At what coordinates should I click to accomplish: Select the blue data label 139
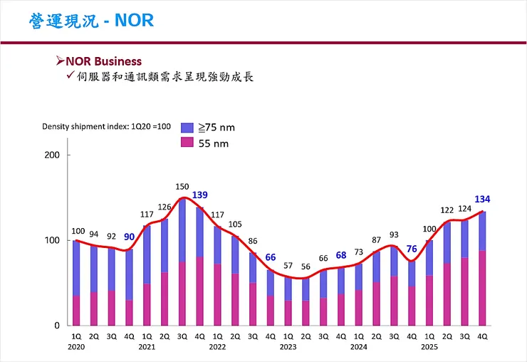pyautogui.click(x=200, y=195)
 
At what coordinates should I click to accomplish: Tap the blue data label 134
pyautogui.click(x=482, y=199)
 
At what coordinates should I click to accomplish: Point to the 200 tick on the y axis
pyautogui.click(x=53, y=155)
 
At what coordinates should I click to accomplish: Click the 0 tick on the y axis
pyautogui.click(x=57, y=326)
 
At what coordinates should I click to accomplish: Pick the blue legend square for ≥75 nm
pyautogui.click(x=187, y=128)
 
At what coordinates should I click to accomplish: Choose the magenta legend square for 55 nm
pyautogui.click(x=187, y=143)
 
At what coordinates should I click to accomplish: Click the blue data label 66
pyautogui.click(x=271, y=258)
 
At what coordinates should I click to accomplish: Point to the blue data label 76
pyautogui.click(x=412, y=249)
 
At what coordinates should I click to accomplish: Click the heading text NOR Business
pyautogui.click(x=104, y=61)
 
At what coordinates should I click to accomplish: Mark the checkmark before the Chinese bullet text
pyautogui.click(x=71, y=76)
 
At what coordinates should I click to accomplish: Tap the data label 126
pyautogui.click(x=165, y=207)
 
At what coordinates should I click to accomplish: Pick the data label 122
pyautogui.click(x=447, y=210)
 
